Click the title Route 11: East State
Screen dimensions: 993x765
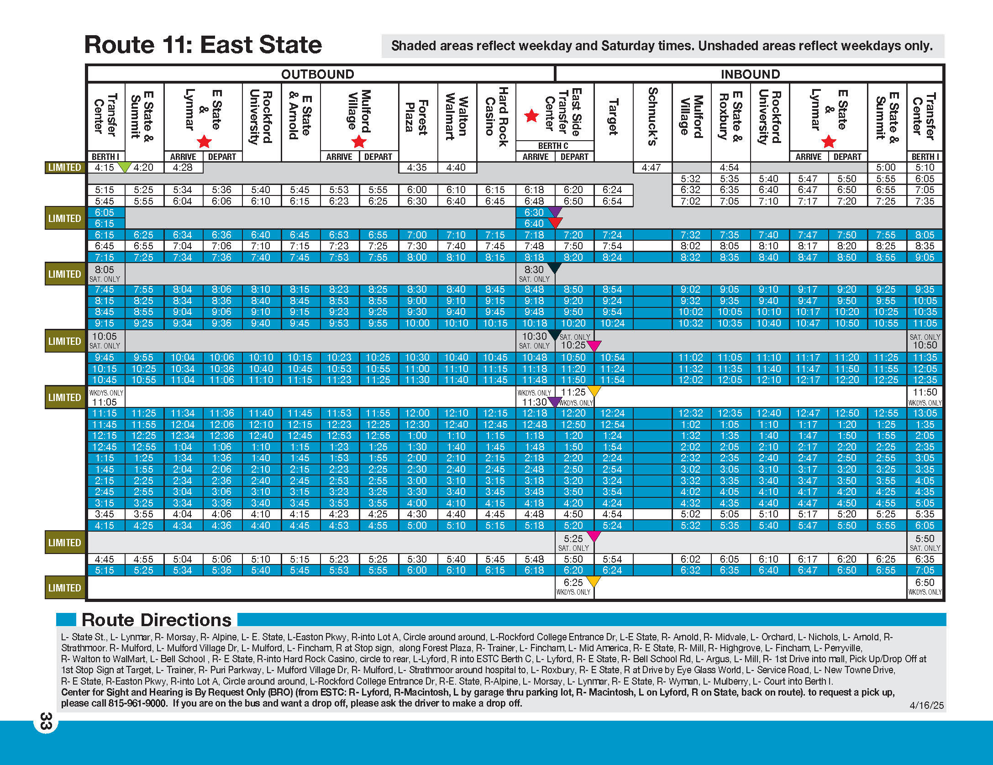[203, 45]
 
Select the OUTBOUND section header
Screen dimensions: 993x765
[318, 74]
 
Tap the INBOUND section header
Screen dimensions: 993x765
[750, 74]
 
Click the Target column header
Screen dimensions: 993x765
[613, 117]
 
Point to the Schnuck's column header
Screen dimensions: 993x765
[652, 116]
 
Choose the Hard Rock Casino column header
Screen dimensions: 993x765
[496, 117]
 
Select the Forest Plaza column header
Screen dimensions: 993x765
[417, 116]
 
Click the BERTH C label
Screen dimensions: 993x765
[553, 146]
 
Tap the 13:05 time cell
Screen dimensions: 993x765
[925, 413]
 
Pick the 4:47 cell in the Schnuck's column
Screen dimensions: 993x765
[651, 168]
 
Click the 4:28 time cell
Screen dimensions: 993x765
[183, 168]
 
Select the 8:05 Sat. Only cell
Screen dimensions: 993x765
[105, 274]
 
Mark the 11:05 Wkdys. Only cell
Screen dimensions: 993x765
[105, 397]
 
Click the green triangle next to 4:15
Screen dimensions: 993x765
[124, 166]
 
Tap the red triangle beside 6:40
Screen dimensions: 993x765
[555, 222]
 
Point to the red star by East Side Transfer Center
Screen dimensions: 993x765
[531, 116]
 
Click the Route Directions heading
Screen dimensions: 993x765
[157, 620]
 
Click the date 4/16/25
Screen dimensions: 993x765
[926, 705]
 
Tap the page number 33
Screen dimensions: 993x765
[46, 721]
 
